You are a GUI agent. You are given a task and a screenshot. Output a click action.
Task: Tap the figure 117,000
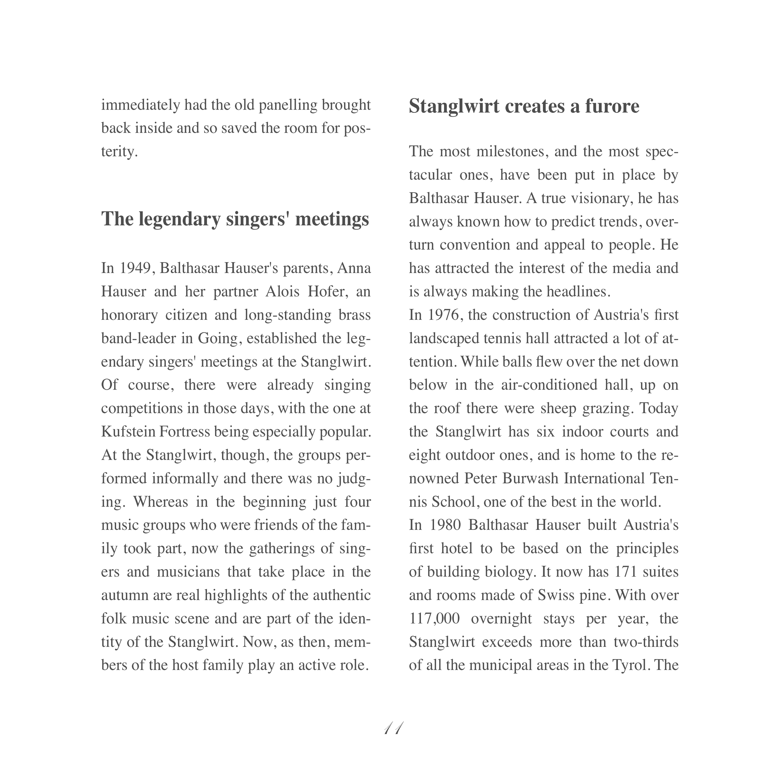434,618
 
